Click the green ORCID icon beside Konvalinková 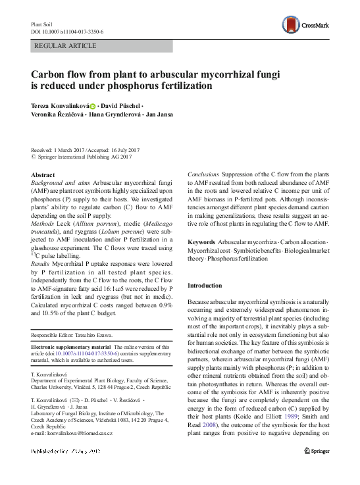click(x=93, y=105)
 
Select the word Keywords click(x=203, y=243)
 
